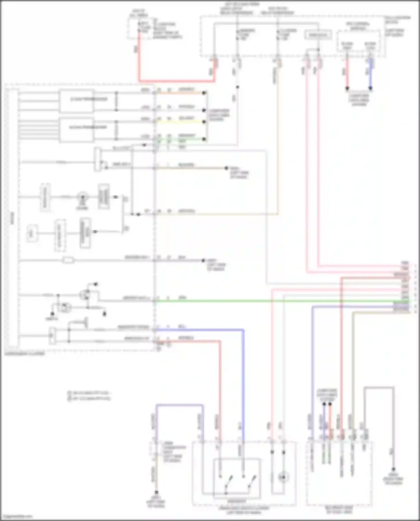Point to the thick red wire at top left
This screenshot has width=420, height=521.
[x=176, y=81]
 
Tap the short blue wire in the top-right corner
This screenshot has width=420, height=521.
[x=370, y=74]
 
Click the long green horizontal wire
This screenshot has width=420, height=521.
[x=280, y=301]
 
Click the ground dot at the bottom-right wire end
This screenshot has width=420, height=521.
[x=393, y=469]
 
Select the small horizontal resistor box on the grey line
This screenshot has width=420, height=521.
[x=68, y=260]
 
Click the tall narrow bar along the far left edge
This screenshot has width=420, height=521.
[x=13, y=218]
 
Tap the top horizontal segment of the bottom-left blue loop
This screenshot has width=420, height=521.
[x=179, y=405]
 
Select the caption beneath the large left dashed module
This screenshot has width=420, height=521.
[x=25, y=354]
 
